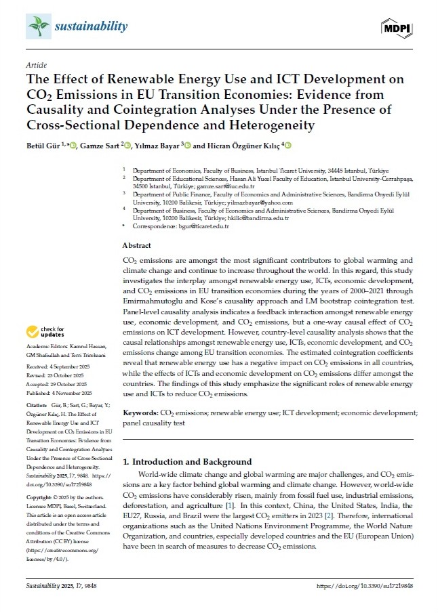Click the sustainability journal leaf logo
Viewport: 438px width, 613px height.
(39, 26)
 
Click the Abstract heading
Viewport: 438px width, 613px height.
(137, 245)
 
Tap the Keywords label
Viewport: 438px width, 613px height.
(140, 412)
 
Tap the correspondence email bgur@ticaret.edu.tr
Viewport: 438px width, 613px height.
(200, 226)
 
